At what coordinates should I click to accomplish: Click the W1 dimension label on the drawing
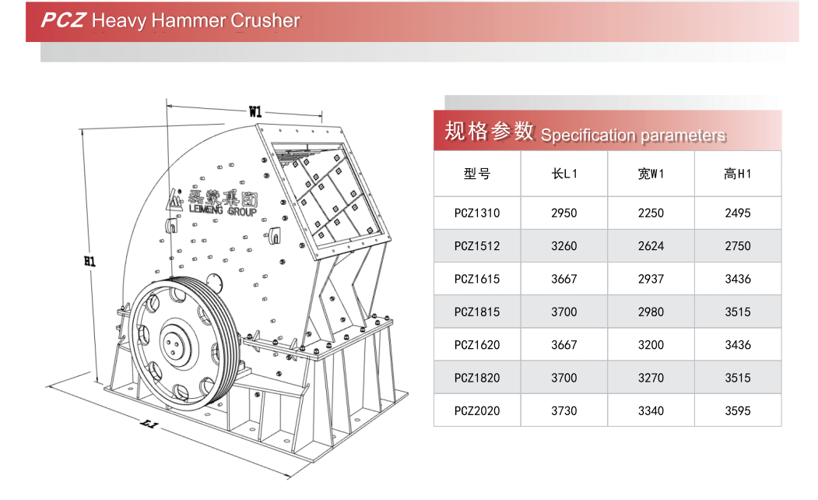click(x=255, y=111)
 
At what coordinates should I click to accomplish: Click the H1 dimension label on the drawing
click(x=90, y=262)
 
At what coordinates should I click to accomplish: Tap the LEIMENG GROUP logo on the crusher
click(x=212, y=202)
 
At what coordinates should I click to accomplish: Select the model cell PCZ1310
click(x=477, y=213)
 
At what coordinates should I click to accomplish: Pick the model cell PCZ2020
click(x=477, y=410)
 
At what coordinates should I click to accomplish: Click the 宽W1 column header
click(x=651, y=174)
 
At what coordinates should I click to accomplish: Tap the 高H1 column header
click(x=737, y=174)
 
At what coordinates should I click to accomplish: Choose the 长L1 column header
click(x=564, y=174)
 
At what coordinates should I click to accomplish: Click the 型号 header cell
click(x=477, y=174)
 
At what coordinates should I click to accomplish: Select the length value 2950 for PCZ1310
click(x=564, y=213)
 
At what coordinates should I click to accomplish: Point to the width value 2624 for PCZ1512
click(x=651, y=246)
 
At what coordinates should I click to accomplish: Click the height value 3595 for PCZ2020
click(x=737, y=410)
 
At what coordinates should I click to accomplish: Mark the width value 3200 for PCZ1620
click(x=651, y=345)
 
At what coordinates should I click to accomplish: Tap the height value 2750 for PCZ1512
click(x=737, y=246)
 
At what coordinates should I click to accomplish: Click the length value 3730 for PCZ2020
click(x=564, y=410)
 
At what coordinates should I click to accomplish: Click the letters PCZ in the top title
click(x=62, y=21)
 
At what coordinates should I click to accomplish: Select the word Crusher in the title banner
click(x=265, y=21)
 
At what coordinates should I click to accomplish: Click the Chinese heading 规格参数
click(x=489, y=132)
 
